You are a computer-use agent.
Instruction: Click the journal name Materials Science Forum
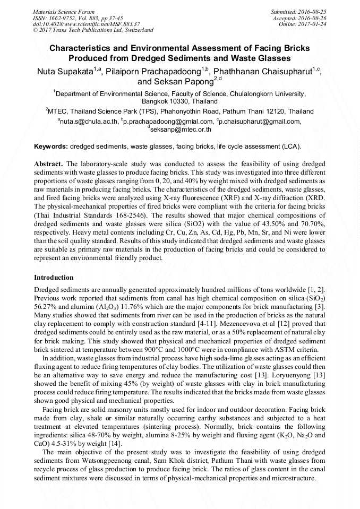tap(64, 11)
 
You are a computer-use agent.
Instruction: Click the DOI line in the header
tap(86, 24)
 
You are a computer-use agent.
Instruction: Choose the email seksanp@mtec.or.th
tap(181, 128)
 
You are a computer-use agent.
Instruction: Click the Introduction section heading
tap(54, 277)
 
